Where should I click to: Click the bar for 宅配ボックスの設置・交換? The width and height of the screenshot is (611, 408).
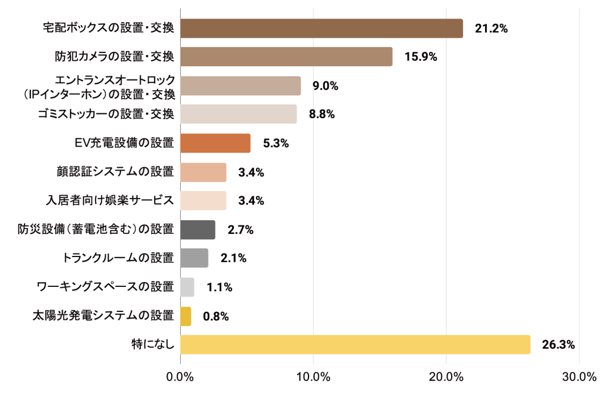pyautogui.click(x=321, y=29)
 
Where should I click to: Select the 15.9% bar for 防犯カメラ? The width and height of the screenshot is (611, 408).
pyautogui.click(x=286, y=57)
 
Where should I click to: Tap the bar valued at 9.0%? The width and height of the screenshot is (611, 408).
pyautogui.click(x=240, y=86)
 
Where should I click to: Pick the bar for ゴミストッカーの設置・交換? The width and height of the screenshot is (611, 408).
pyautogui.click(x=238, y=114)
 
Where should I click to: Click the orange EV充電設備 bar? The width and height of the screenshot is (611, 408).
pyautogui.click(x=215, y=143)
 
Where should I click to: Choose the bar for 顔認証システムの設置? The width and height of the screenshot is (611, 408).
pyautogui.click(x=203, y=172)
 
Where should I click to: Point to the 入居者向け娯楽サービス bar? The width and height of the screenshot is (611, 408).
pyautogui.click(x=203, y=200)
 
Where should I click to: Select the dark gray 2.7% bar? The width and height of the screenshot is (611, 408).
pyautogui.click(x=198, y=230)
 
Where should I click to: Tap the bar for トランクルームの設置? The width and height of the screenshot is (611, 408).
pyautogui.click(x=194, y=258)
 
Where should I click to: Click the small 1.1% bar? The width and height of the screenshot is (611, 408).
pyautogui.click(x=187, y=288)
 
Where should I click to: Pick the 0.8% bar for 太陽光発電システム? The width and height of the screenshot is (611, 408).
pyautogui.click(x=185, y=316)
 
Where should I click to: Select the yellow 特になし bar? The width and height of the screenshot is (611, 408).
pyautogui.click(x=355, y=345)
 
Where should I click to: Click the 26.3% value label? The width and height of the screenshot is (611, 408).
pyautogui.click(x=558, y=345)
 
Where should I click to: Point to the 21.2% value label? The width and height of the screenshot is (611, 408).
pyautogui.click(x=490, y=29)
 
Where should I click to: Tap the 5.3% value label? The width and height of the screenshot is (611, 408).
pyautogui.click(x=276, y=143)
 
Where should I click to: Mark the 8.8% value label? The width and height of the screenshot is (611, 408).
pyautogui.click(x=322, y=114)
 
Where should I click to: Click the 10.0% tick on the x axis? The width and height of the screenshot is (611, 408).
pyautogui.click(x=313, y=377)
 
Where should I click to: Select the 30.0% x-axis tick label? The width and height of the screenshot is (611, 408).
pyautogui.click(x=579, y=377)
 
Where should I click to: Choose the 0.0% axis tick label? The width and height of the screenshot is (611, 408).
pyautogui.click(x=180, y=377)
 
